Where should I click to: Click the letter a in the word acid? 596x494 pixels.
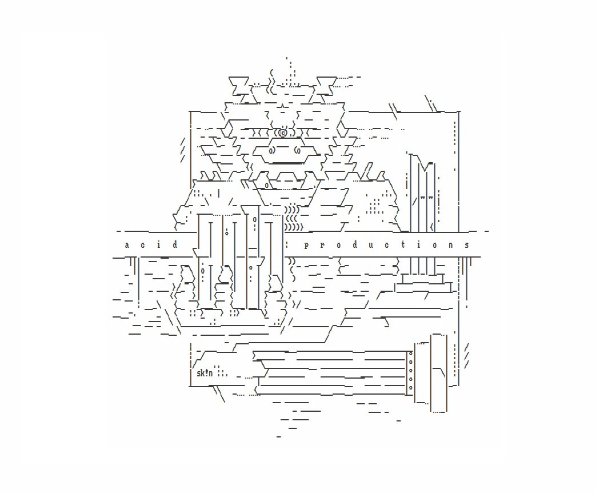(x=127, y=245)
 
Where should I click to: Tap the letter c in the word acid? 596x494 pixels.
(x=142, y=245)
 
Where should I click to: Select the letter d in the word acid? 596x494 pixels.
(x=175, y=244)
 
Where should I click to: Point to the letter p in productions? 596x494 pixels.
(x=306, y=246)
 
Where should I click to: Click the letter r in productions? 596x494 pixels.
(x=322, y=245)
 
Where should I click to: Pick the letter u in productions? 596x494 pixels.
(x=371, y=245)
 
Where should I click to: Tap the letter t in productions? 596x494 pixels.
(x=403, y=244)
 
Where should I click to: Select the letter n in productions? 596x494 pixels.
(x=451, y=245)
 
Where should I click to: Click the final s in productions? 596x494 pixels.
(x=467, y=245)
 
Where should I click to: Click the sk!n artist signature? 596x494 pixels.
(x=205, y=373)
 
